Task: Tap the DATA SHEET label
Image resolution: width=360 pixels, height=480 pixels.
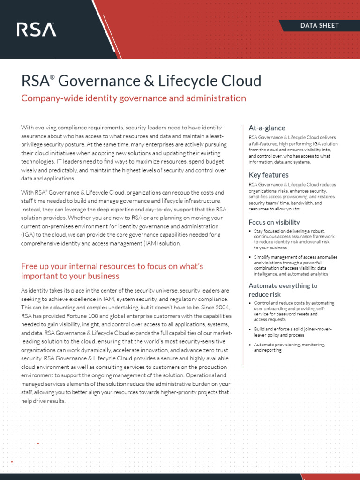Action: coord(320,25)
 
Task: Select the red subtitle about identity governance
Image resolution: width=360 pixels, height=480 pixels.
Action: coord(134,98)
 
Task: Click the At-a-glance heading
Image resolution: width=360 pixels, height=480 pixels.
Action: coord(267,128)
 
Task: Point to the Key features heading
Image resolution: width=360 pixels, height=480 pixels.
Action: coord(269,175)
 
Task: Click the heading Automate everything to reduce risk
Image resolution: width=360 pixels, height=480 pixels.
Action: coord(283,290)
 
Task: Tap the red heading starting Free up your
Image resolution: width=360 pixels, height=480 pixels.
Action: coord(112,271)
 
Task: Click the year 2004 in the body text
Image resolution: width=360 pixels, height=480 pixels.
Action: coord(220,307)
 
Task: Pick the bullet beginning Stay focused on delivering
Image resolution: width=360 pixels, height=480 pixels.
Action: coord(295,239)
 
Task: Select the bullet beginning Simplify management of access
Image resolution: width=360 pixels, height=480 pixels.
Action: coord(295,265)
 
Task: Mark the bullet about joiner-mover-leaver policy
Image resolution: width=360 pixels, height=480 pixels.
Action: coord(293,332)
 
